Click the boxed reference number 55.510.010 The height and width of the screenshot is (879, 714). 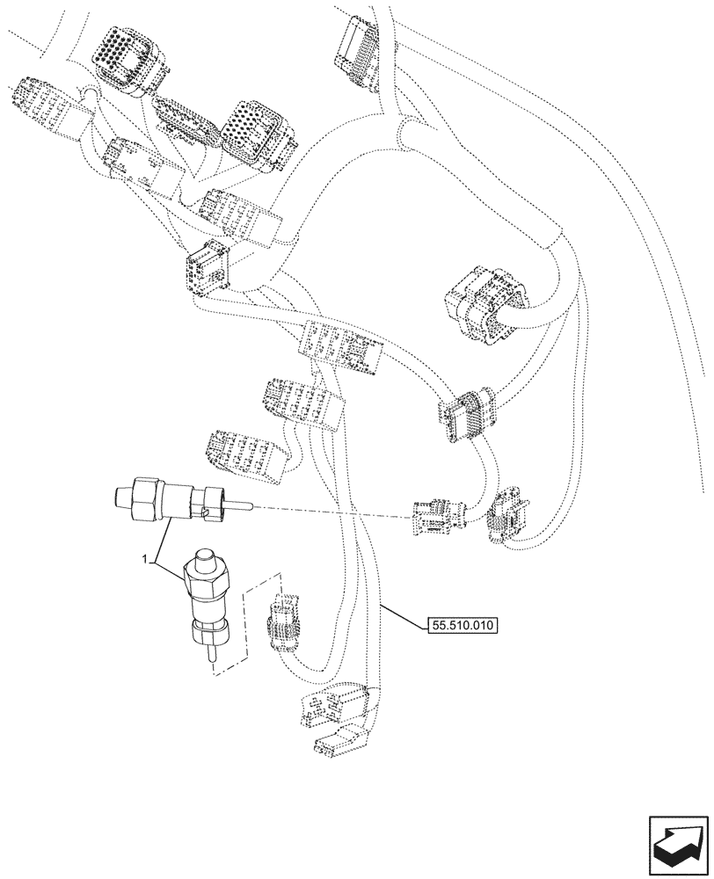click(462, 626)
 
